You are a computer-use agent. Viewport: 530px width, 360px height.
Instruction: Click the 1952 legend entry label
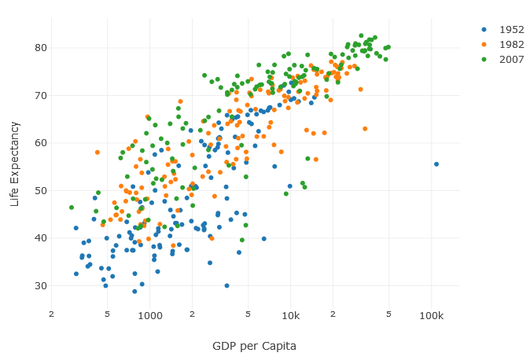[x=511, y=30]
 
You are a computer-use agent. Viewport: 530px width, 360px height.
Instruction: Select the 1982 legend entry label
[x=511, y=45]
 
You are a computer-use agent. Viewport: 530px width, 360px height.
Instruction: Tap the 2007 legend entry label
[x=511, y=60]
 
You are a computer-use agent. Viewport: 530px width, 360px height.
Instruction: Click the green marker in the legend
[x=484, y=60]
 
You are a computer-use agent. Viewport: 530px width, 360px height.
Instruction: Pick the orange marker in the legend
[x=484, y=45]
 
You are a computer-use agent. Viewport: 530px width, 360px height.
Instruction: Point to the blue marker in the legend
[x=484, y=30]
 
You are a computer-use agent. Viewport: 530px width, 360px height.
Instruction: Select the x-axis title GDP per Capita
[x=254, y=346]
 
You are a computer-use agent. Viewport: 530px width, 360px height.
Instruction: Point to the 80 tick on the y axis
[x=40, y=48]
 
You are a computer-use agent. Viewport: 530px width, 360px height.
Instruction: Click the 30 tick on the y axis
[x=40, y=285]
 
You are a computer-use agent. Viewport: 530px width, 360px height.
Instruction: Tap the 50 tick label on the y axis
[x=40, y=190]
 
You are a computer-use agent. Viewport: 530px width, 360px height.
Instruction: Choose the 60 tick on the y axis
[x=40, y=143]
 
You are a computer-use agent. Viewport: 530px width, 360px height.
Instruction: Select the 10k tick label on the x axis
[x=290, y=314]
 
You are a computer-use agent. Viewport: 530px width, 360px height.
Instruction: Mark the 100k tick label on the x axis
[x=431, y=314]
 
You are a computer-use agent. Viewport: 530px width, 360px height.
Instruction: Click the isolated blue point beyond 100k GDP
[x=436, y=164]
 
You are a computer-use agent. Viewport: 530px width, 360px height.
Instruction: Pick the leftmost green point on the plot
[x=72, y=208]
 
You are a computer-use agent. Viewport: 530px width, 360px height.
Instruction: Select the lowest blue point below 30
[x=134, y=292]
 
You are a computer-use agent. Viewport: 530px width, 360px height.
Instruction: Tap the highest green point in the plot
[x=361, y=35]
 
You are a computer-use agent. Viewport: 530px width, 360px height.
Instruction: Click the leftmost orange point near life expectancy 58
[x=98, y=152]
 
